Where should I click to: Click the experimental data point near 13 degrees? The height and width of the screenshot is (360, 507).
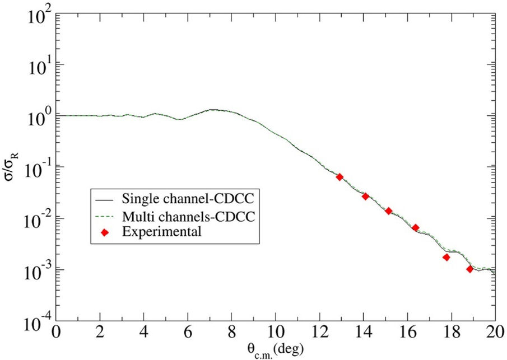(x=339, y=177)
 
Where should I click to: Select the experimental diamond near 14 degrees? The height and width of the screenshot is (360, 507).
(x=365, y=197)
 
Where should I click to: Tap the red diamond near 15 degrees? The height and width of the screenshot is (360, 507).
(x=388, y=211)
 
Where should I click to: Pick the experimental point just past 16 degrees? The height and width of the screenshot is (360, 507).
(x=415, y=228)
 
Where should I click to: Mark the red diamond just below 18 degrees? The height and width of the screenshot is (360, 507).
(x=446, y=258)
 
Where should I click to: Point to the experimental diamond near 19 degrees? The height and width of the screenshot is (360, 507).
(x=469, y=269)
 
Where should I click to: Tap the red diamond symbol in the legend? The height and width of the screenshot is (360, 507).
(x=104, y=232)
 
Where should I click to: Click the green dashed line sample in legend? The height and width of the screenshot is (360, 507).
(x=104, y=216)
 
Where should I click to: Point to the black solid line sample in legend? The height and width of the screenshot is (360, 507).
(x=104, y=199)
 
